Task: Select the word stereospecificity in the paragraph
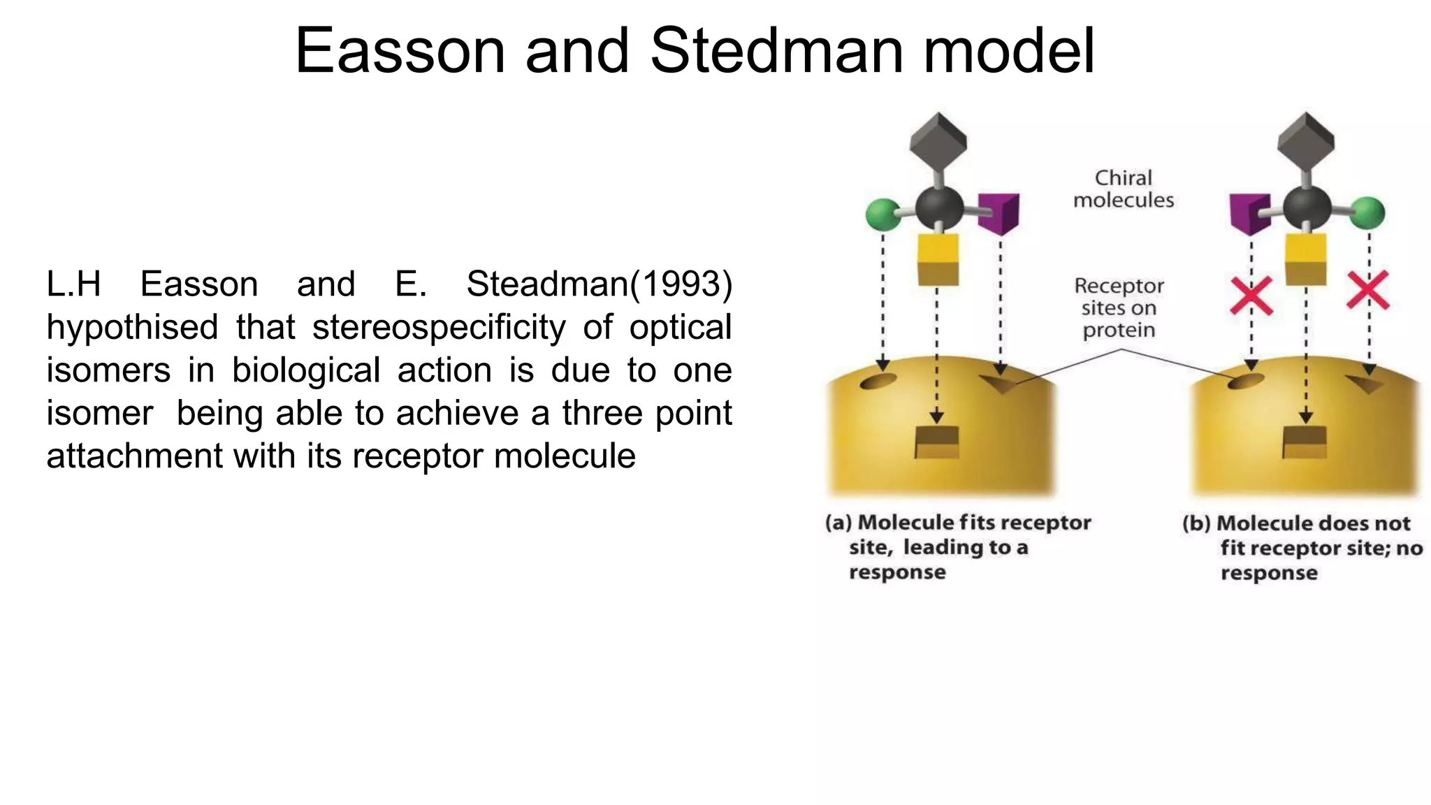point(439,327)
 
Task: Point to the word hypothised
point(132,328)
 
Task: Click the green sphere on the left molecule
point(882,215)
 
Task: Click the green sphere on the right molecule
point(1367,213)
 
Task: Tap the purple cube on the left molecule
point(999,212)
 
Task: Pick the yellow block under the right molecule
point(1306,259)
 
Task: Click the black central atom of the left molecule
point(939,208)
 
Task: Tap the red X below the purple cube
point(1251,296)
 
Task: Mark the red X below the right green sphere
point(1368,291)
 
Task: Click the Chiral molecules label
point(1124,189)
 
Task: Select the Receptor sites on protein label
point(1119,308)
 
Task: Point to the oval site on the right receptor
point(1246,382)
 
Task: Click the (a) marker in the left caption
point(838,523)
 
